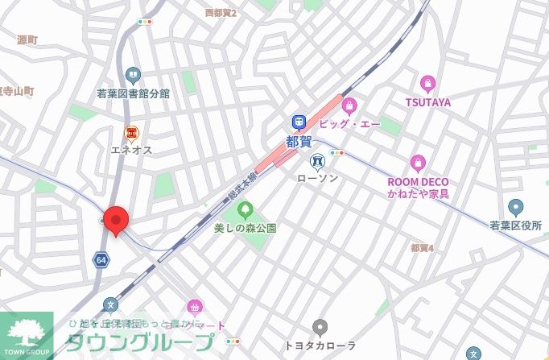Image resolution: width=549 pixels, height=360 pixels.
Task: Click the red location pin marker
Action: (117, 220)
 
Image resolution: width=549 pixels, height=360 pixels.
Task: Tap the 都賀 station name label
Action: (298, 141)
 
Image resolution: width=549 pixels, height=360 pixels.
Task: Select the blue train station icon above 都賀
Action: (299, 122)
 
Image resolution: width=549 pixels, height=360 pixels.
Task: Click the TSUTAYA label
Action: (427, 102)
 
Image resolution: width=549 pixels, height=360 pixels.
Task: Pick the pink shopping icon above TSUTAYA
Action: (427, 83)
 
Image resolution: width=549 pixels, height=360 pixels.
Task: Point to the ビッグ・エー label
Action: (349, 124)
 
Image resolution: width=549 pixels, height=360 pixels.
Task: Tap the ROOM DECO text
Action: (417, 182)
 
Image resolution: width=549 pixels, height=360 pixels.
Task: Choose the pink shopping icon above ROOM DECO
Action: (417, 163)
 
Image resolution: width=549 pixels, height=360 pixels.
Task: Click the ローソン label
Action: (318, 177)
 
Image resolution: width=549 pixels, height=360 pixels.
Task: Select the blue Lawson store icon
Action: (318, 159)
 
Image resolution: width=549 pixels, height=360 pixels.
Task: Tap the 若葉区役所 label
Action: (515, 226)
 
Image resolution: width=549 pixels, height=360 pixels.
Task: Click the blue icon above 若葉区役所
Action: (515, 207)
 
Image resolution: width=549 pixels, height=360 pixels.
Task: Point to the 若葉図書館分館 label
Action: (134, 93)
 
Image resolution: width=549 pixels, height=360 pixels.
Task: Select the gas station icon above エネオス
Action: (130, 132)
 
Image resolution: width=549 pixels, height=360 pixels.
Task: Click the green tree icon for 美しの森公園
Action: (246, 210)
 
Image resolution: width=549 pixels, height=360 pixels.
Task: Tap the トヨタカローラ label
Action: (320, 346)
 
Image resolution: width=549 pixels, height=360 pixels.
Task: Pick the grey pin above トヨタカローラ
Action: (320, 328)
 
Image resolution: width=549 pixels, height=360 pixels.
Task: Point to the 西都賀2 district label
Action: (221, 13)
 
